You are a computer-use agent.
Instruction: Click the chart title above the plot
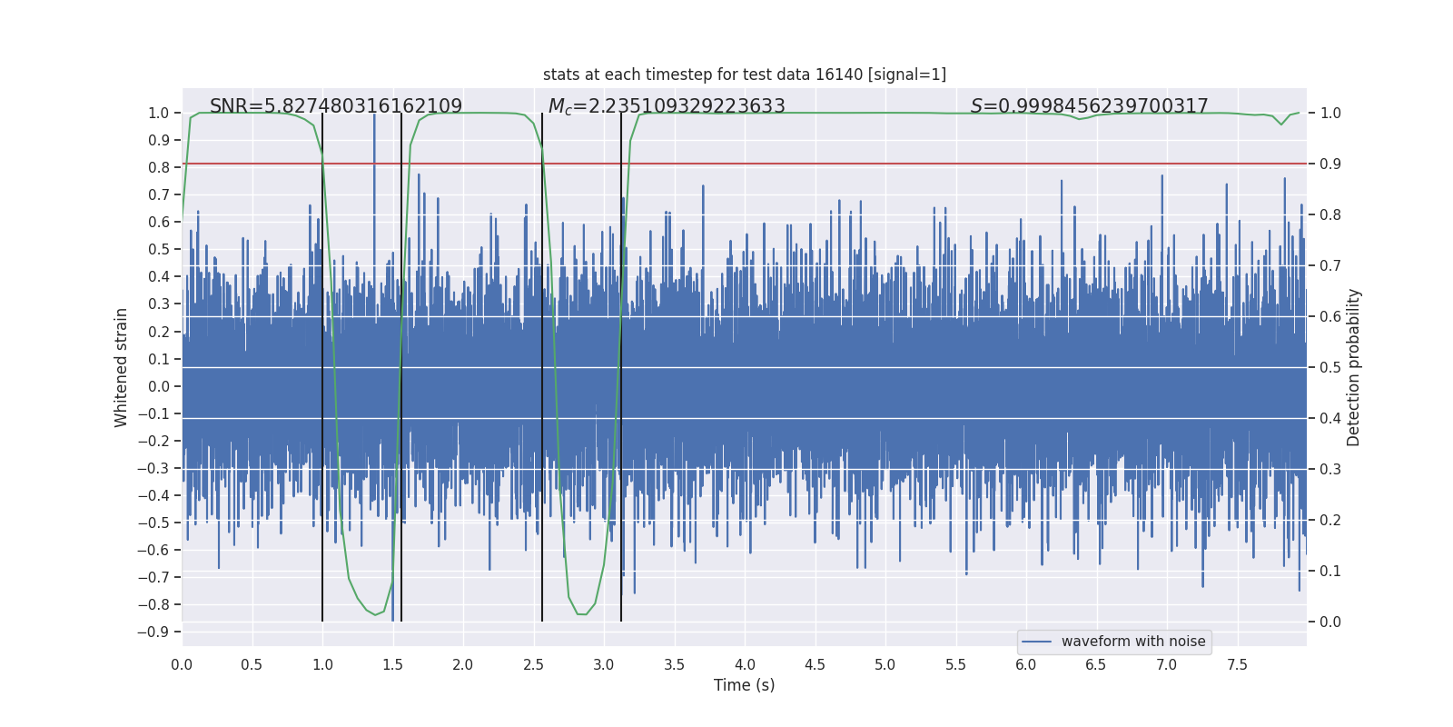(x=745, y=75)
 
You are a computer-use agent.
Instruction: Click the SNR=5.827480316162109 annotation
(x=336, y=106)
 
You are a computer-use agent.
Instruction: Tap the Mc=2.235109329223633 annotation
(x=667, y=106)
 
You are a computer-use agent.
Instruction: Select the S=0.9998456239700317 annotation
(x=1089, y=106)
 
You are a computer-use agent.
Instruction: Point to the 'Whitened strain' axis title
(x=121, y=367)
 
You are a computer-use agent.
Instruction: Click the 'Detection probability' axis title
(x=1354, y=367)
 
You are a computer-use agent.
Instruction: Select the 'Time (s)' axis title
(x=744, y=685)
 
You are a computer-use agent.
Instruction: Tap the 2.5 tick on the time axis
(x=533, y=664)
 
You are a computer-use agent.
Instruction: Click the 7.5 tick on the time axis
(x=1237, y=664)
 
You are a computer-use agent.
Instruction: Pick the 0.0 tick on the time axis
(x=182, y=664)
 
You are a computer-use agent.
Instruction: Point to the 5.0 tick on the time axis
(x=885, y=664)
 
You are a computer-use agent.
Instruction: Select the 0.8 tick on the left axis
(x=159, y=167)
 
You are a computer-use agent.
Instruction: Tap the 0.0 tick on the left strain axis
(x=159, y=386)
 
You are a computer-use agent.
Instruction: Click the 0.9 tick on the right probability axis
(x=1330, y=164)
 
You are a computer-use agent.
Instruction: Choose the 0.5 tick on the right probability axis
(x=1330, y=367)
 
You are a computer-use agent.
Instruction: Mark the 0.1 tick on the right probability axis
(x=1330, y=571)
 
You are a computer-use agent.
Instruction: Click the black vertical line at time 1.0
(x=322, y=363)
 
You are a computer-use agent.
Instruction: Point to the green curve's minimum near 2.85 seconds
(x=582, y=614)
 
